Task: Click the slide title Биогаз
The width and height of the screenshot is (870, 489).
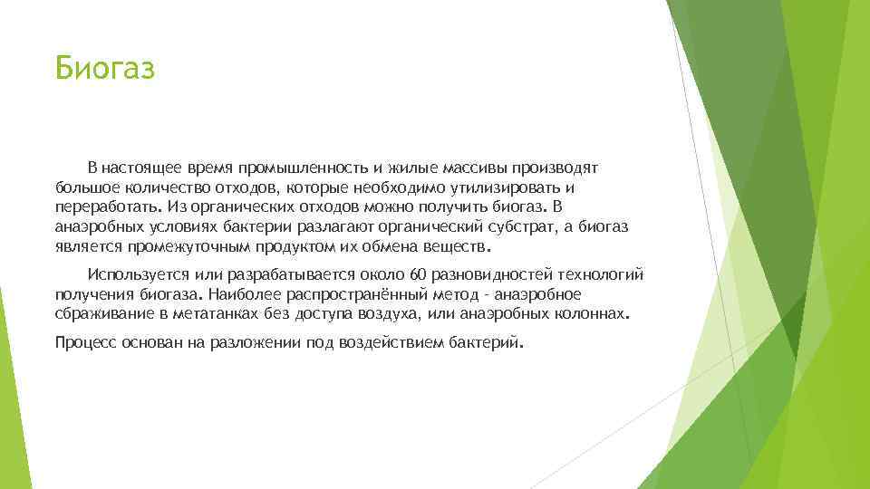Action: [105, 67]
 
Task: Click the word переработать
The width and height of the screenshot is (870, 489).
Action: [100, 206]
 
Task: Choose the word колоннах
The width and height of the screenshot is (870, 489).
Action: [590, 314]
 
